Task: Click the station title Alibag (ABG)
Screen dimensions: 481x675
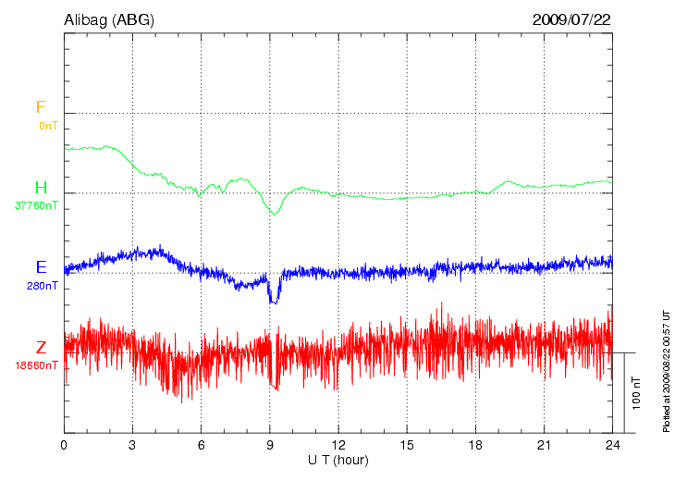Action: (x=109, y=18)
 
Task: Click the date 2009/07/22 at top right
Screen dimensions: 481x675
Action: (x=571, y=18)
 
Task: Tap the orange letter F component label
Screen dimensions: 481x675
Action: (x=41, y=107)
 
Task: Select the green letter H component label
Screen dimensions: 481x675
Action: (x=41, y=188)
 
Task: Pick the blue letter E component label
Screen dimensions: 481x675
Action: (x=41, y=267)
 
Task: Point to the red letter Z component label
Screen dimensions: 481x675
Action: (x=41, y=348)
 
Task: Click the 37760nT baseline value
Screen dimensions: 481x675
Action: (x=36, y=205)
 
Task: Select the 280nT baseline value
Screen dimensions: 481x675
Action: (x=43, y=286)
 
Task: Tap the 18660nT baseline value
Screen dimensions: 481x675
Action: (x=36, y=365)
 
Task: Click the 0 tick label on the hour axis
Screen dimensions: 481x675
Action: (x=64, y=445)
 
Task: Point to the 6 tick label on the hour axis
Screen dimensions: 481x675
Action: (x=201, y=445)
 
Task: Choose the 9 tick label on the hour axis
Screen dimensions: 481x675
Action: (x=269, y=445)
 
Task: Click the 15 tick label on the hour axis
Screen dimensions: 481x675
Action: (x=406, y=445)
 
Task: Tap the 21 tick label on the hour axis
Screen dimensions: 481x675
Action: (x=543, y=445)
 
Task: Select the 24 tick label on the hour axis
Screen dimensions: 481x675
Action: (x=611, y=445)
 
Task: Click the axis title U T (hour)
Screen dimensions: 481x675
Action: (x=338, y=460)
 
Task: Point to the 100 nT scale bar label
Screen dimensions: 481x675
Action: (x=637, y=393)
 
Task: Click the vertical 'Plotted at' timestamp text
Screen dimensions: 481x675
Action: (x=666, y=370)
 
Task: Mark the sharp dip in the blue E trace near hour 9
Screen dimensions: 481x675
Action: (x=273, y=298)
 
